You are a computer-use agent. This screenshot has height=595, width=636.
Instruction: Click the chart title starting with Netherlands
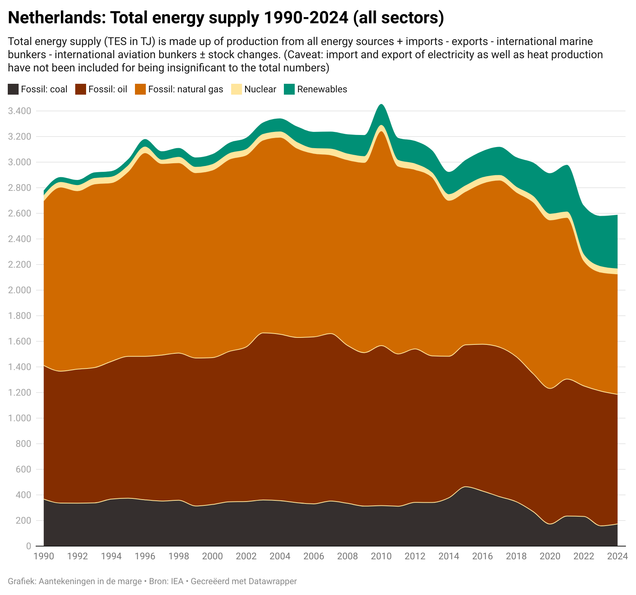click(225, 18)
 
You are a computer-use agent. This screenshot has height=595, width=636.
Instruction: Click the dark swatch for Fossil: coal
click(13, 89)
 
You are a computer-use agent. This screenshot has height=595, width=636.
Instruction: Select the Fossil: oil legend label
click(107, 89)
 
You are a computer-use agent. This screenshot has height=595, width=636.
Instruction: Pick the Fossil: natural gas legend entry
click(185, 89)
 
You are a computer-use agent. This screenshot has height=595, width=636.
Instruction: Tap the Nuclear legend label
click(260, 89)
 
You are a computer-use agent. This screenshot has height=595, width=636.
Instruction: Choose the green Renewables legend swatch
click(289, 89)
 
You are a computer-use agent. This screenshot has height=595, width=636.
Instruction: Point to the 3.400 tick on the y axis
click(19, 111)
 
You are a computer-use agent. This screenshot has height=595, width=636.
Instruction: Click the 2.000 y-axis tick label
click(19, 291)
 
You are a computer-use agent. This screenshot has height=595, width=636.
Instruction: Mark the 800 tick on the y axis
click(23, 444)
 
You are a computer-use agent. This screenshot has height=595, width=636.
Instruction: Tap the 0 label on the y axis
click(28, 547)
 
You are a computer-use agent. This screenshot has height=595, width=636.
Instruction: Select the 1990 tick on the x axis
click(44, 556)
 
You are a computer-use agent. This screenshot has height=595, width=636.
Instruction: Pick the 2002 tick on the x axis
click(246, 556)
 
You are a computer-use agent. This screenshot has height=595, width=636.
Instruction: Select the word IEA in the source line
click(177, 581)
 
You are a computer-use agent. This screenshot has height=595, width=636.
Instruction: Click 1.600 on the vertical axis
click(19, 342)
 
